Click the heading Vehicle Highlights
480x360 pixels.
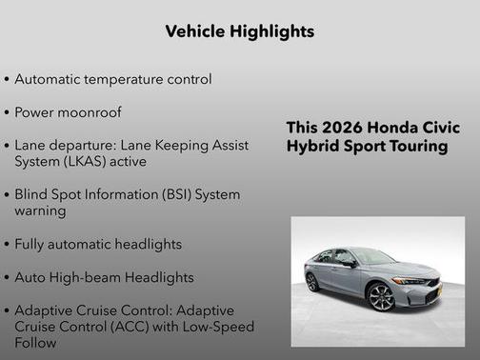[x=240, y=31]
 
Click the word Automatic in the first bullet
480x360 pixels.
[x=48, y=79]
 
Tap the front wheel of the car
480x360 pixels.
[x=381, y=297]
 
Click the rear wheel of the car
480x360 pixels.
[x=312, y=282]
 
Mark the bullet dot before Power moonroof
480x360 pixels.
[x=8, y=113]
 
